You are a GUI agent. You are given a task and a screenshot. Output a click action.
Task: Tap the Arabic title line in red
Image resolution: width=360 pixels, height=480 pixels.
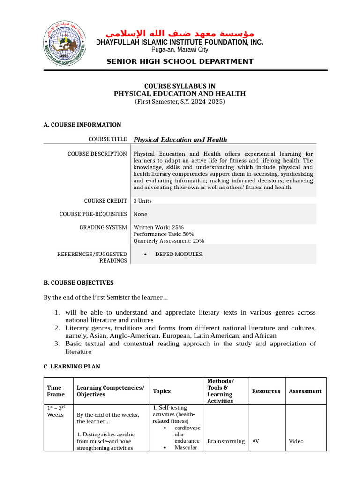point(180,33)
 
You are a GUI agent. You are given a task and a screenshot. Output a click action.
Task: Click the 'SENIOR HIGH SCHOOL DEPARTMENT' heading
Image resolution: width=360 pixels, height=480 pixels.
point(180,61)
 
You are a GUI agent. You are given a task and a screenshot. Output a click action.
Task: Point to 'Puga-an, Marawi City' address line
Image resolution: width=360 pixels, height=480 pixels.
point(180,50)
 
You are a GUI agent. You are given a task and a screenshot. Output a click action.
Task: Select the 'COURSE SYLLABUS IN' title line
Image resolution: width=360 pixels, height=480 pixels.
point(180,86)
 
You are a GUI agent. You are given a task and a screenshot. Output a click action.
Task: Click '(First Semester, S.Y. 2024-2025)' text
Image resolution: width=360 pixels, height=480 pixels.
point(180,101)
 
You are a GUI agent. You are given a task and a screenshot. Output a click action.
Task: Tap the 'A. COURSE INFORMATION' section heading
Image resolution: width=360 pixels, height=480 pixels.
point(82,125)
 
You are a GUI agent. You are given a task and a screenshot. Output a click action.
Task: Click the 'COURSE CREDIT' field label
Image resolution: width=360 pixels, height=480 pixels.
point(105,201)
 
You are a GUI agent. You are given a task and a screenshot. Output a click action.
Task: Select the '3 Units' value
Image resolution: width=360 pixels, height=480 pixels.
point(142,201)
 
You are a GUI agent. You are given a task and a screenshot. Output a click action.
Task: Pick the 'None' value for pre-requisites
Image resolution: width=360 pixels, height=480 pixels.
point(141,214)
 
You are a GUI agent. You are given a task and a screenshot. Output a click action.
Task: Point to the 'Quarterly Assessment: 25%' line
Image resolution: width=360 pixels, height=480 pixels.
point(169,241)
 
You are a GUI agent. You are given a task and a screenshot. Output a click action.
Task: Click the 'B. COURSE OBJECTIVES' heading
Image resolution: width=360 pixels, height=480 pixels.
point(78,283)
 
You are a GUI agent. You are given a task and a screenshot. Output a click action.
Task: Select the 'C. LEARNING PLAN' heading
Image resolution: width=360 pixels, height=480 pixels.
point(72,366)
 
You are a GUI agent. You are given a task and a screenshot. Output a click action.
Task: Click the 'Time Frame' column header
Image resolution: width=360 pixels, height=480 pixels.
point(54,391)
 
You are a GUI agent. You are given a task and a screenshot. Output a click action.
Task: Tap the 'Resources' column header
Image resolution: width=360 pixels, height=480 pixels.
point(266,391)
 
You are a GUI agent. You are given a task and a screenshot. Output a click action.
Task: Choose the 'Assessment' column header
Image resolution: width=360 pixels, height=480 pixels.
point(305,391)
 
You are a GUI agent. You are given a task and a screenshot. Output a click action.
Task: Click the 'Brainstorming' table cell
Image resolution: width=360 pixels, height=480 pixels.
point(226,441)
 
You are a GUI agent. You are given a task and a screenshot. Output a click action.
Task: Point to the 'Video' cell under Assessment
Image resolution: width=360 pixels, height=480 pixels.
point(296,441)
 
